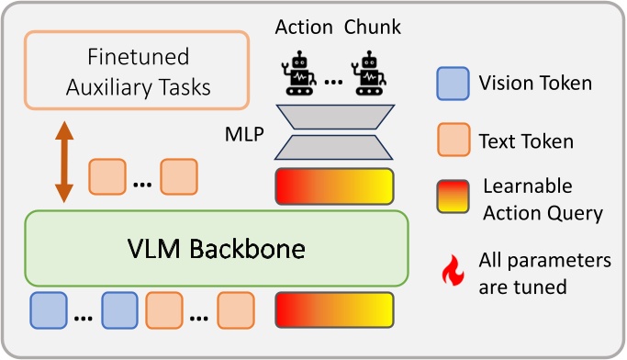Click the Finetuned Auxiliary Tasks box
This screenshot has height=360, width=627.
point(137,73)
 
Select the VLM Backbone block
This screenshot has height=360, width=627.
point(216,248)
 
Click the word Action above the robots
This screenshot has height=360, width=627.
point(304,28)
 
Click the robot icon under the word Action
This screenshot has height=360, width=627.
point(299,73)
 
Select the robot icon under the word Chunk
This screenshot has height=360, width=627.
point(370,73)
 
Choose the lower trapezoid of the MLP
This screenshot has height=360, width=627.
point(334,146)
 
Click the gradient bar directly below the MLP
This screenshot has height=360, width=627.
point(334,186)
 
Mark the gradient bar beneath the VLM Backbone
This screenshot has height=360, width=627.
point(334,309)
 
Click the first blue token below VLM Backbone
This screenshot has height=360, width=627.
point(48,309)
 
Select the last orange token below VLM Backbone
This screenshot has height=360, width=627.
point(236,309)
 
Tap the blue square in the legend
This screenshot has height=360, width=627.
point(453,84)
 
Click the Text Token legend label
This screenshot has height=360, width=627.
point(526,141)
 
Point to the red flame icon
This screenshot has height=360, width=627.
point(453,271)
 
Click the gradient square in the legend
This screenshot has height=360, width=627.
point(453,198)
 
